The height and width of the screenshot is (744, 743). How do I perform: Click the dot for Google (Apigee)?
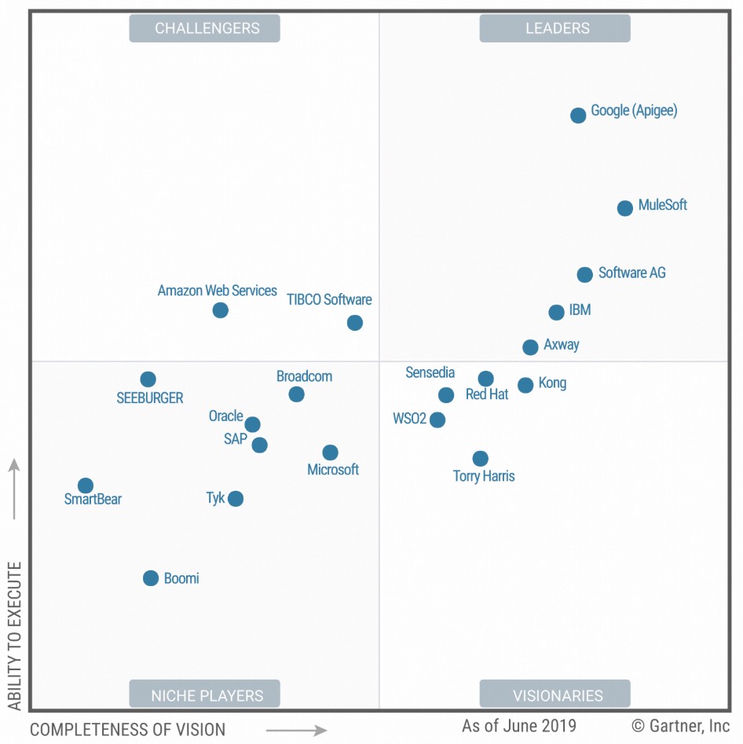point(578,115)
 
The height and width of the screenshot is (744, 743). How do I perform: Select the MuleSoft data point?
point(625,208)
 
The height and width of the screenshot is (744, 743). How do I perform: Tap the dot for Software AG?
point(584,275)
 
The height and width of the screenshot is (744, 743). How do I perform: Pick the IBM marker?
point(556,313)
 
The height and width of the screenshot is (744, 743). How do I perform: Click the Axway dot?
point(530,347)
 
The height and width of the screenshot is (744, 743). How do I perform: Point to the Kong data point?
point(525,385)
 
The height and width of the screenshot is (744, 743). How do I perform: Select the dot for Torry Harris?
point(481,459)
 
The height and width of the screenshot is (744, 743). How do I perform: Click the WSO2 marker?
point(437,420)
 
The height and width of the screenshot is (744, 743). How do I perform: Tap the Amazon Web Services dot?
point(221,310)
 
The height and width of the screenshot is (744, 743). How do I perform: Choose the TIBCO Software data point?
point(355,323)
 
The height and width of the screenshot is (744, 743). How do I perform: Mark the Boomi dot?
point(151,578)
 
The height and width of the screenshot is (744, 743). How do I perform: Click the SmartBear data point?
point(86,486)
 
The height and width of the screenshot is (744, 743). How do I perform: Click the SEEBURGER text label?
point(150,398)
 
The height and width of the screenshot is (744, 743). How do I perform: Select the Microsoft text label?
point(333,470)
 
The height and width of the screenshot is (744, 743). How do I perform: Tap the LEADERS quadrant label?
point(555,28)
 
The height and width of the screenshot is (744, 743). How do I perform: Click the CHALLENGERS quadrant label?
point(205,28)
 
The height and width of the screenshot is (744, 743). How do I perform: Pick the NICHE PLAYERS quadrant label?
point(205,695)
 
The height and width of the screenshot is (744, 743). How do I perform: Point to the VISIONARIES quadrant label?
point(555,695)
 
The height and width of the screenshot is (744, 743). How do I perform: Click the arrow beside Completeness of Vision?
point(296,731)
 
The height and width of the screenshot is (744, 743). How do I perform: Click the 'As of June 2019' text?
point(519,726)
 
